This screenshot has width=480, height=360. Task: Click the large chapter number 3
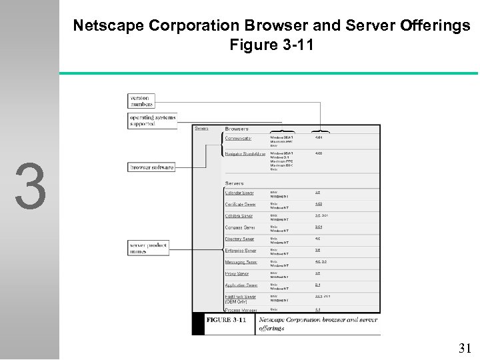pos(31,186)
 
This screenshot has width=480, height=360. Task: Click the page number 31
pos(465,347)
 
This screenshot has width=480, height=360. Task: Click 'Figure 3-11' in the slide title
pos(271,45)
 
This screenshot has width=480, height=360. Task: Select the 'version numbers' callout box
pos(141,101)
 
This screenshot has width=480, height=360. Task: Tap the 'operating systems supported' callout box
pos(153,120)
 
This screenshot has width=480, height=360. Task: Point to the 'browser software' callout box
pos(152,167)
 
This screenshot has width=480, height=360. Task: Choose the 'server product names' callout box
pos(149,248)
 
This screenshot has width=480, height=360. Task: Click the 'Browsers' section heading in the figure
pos(237,129)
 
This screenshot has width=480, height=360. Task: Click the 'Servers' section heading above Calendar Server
pos(235,183)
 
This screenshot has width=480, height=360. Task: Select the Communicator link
pos(238,138)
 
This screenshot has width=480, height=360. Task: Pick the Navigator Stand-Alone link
pos(245,153)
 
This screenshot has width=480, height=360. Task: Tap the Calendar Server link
pos(239,193)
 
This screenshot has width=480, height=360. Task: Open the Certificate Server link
pos(241,205)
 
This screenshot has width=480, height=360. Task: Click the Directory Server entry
pos(239,239)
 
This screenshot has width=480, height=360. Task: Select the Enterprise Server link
pos(241,251)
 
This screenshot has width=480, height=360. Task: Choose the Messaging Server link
pos(241,262)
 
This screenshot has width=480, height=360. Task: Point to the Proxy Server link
pos(236,273)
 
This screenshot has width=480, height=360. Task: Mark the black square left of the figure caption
pos(198,323)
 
